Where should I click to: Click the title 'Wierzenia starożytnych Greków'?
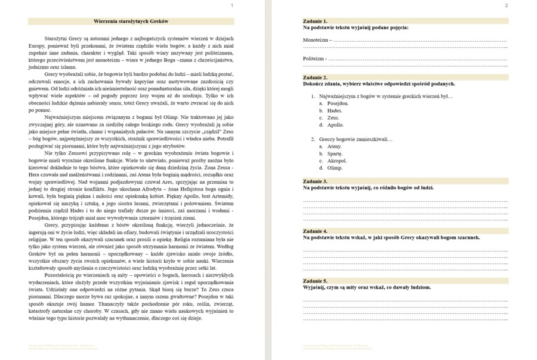click(131, 21)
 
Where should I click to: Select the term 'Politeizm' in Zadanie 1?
click(314, 59)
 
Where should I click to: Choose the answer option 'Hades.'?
click(335, 110)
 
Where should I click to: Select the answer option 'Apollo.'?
click(335, 125)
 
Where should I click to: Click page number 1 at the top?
click(232, 5)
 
